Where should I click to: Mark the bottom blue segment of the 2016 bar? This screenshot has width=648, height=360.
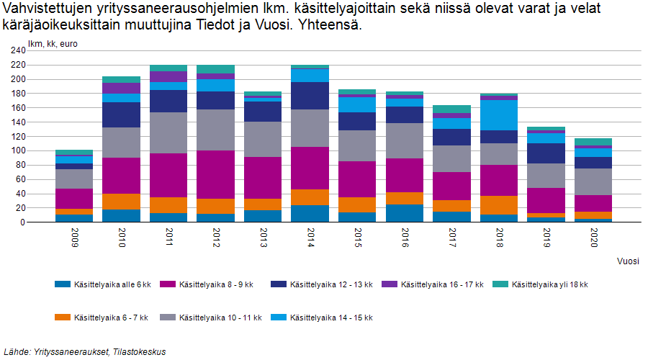(x=404, y=213)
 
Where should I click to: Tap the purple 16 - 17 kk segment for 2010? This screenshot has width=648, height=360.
(x=121, y=88)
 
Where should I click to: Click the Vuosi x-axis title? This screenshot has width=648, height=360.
(x=628, y=261)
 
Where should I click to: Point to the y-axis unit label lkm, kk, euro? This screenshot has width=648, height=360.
(x=53, y=44)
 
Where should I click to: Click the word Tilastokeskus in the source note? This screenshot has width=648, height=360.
(x=141, y=352)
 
